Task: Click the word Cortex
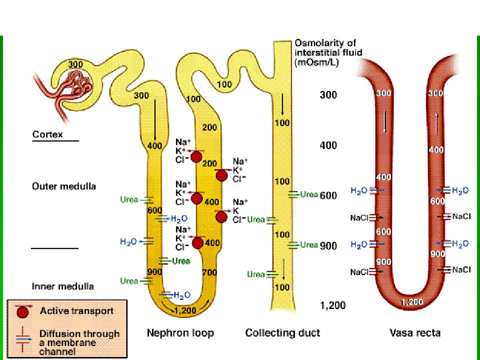(47, 134)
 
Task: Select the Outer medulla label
(64, 186)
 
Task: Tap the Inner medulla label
(63, 286)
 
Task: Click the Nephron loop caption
(180, 333)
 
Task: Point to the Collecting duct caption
(282, 333)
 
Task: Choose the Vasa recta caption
(415, 333)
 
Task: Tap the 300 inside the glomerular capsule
(75, 64)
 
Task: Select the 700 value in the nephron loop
(209, 272)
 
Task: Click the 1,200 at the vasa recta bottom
(412, 302)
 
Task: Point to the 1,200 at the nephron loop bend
(185, 310)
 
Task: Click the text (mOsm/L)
(316, 63)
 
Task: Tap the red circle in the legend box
(22, 312)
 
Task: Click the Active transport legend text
(76, 311)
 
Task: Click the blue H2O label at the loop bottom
(182, 295)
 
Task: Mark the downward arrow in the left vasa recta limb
(385, 121)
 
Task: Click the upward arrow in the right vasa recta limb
(437, 124)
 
